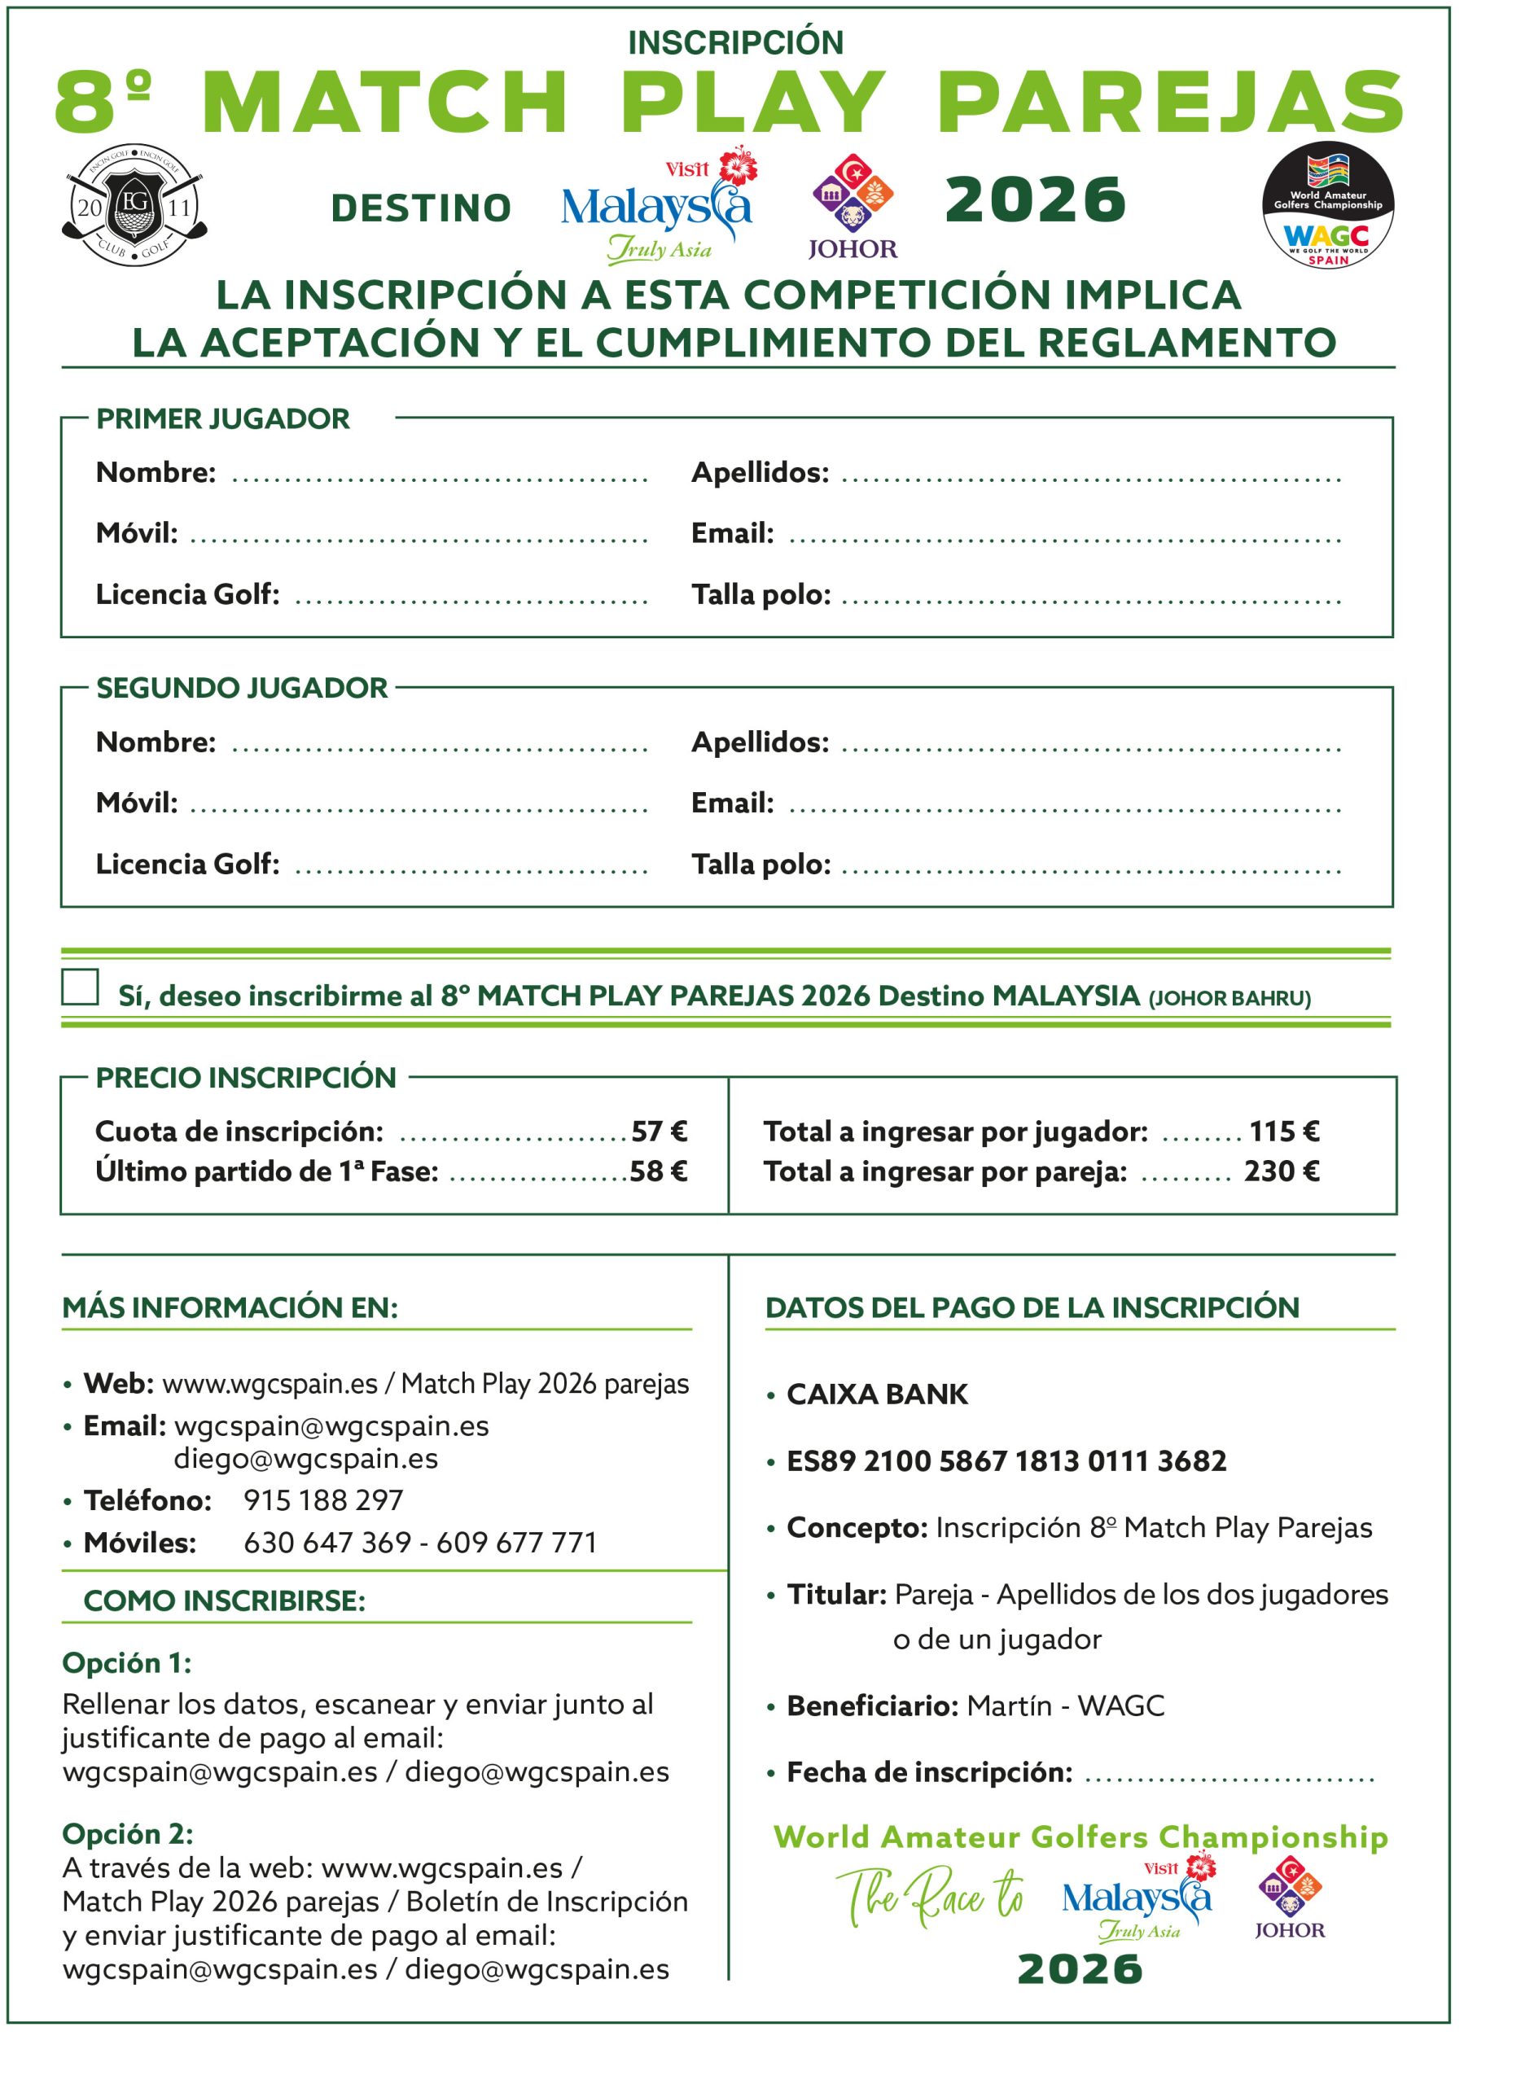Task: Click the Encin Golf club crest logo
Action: click(x=135, y=205)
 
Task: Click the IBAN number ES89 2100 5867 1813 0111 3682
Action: click(x=1006, y=1460)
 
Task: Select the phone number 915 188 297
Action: click(x=323, y=1500)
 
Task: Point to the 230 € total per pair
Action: click(x=1282, y=1171)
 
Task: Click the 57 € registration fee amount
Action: click(x=660, y=1131)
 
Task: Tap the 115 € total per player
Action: click(x=1283, y=1131)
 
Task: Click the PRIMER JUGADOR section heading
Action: click(x=223, y=418)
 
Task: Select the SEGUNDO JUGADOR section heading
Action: click(x=242, y=688)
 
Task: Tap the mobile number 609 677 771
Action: click(x=516, y=1543)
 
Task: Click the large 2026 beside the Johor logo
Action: click(x=1035, y=199)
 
